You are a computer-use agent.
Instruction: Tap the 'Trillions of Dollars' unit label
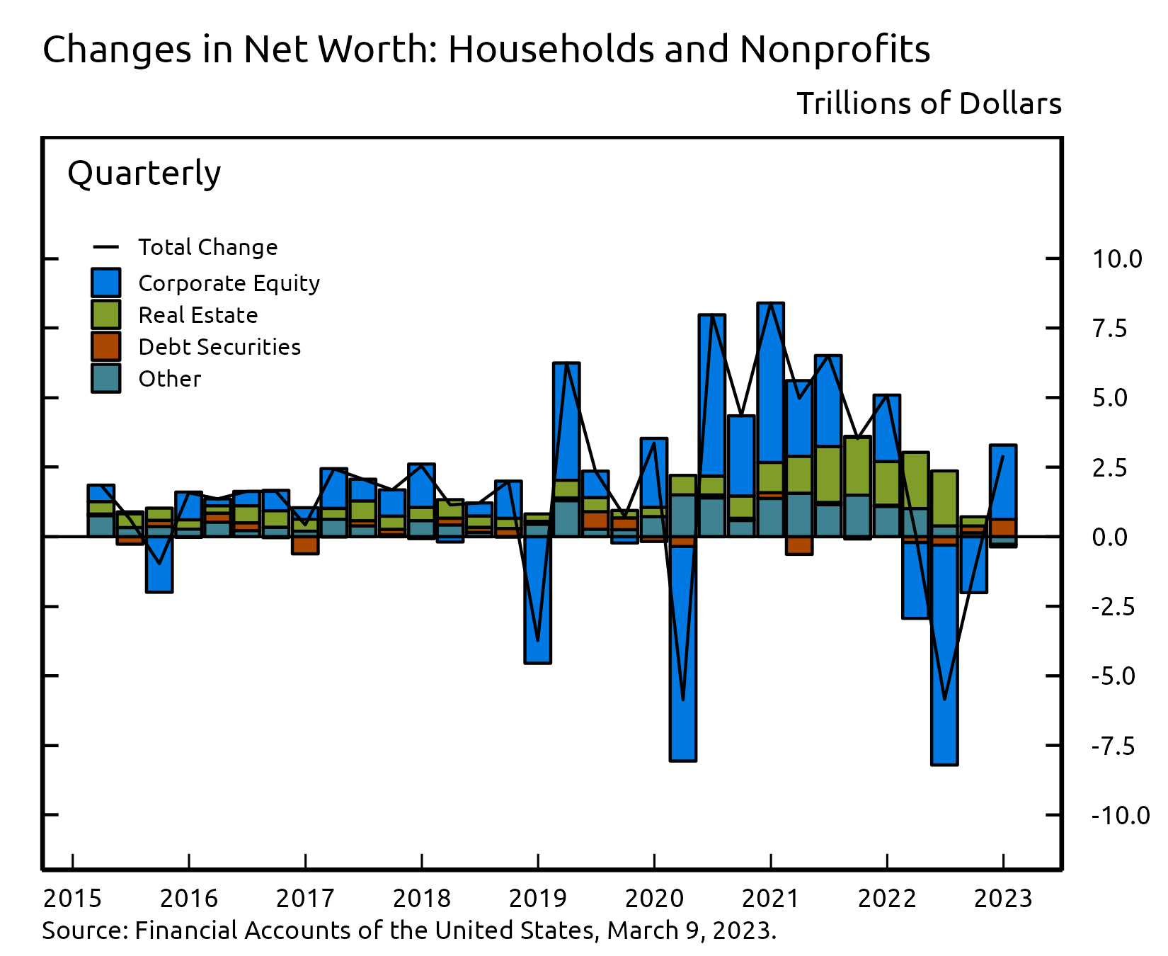pos(929,103)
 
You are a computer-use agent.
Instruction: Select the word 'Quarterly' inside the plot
pos(144,173)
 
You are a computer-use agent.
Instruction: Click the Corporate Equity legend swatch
pos(105,283)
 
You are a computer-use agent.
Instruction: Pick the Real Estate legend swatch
pos(105,314)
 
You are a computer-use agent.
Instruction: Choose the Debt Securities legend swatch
pos(105,346)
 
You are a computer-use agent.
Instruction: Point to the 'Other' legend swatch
pos(105,378)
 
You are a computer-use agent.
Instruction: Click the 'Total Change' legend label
pos(207,247)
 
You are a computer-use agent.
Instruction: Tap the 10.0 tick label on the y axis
pos(1116,259)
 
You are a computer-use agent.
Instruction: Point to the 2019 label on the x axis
pos(537,899)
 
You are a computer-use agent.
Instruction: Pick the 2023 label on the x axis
pos(1003,899)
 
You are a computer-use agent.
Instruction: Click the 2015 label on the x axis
pos(72,899)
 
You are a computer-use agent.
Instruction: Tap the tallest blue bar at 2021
pos(770,382)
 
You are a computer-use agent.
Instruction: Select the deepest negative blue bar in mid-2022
pos(944,655)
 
